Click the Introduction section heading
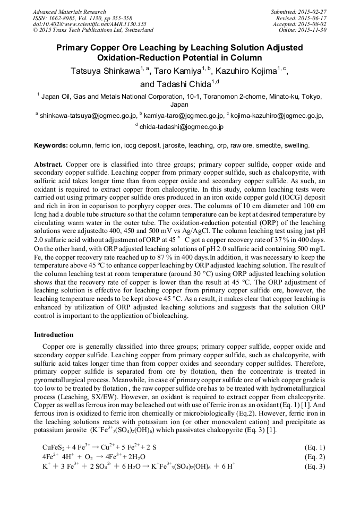tap(54, 334)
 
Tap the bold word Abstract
tap(48, 165)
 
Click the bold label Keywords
tap(50, 145)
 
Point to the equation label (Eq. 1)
tap(315, 447)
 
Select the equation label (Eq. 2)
tap(315, 456)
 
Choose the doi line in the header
tap(82, 24)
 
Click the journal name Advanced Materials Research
tap(69, 12)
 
